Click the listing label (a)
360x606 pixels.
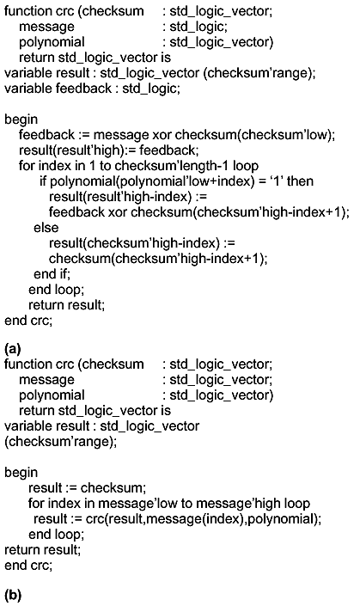12,349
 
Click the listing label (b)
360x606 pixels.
13,595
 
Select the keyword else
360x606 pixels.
46,227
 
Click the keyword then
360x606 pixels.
301,181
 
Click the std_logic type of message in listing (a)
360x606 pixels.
198,27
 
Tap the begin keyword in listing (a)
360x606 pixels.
21,119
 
